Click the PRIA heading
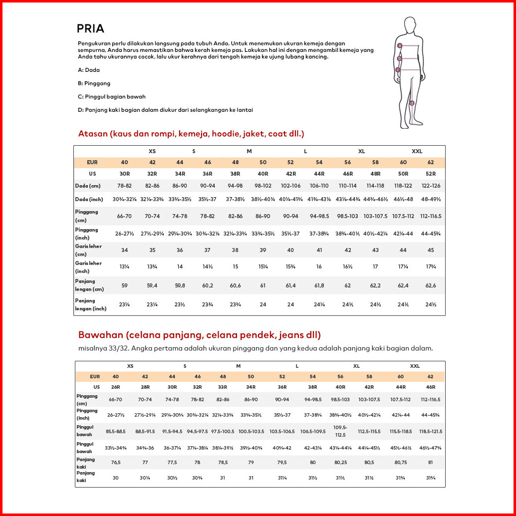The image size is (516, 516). [90, 28]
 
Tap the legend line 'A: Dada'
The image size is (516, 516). [89, 70]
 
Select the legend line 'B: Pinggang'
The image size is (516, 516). [94, 83]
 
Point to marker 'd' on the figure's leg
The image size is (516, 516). [412, 103]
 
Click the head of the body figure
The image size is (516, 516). [410, 25]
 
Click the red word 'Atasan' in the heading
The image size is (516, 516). [93, 134]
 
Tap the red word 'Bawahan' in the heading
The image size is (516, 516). [99, 334]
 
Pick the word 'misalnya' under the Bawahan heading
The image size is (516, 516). [90, 348]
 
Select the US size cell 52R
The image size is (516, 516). [431, 174]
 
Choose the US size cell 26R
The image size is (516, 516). [116, 387]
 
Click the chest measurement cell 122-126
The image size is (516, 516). [431, 186]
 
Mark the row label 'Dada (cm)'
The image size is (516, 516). [88, 186]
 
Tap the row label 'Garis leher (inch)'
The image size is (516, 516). [88, 267]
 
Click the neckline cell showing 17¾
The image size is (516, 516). [431, 267]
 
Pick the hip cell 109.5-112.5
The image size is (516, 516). [340, 431]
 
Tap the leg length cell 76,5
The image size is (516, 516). [116, 463]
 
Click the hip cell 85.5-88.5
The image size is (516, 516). [116, 431]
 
